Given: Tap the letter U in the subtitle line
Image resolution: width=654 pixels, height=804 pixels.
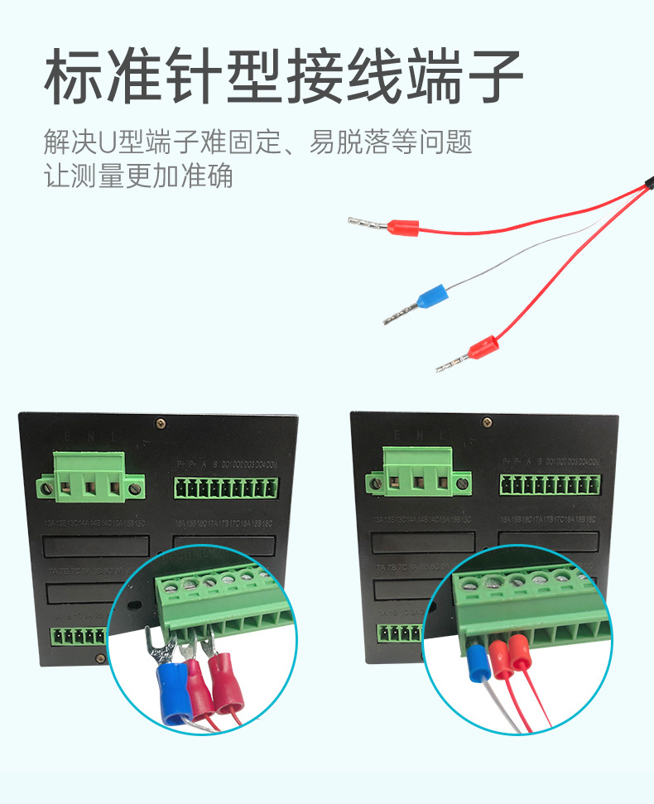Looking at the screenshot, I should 106,142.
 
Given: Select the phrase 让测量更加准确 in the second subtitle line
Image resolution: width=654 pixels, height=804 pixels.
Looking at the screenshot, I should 138,176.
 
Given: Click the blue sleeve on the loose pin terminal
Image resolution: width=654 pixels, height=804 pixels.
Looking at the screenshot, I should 433,294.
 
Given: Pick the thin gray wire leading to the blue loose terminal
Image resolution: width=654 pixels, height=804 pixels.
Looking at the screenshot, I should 513,257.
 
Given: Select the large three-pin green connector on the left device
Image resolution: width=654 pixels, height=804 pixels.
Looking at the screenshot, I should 90,478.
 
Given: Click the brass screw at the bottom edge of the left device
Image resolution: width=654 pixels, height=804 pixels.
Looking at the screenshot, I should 100,658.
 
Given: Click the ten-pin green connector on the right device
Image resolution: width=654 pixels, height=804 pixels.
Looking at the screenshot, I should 550,484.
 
